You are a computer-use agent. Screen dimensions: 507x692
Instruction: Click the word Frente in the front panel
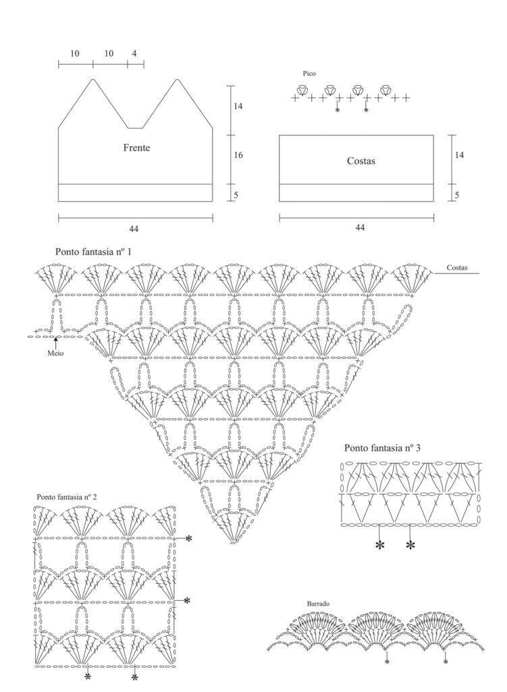click(x=136, y=147)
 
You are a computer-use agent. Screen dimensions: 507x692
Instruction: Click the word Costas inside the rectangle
click(x=361, y=161)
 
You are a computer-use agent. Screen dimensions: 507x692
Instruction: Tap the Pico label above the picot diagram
click(x=309, y=74)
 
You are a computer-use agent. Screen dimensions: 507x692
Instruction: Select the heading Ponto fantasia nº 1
click(x=93, y=251)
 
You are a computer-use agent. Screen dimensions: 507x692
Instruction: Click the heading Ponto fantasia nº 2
click(x=67, y=497)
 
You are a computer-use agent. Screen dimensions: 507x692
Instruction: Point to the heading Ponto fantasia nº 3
click(x=382, y=448)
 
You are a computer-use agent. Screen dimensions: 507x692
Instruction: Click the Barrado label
click(x=318, y=603)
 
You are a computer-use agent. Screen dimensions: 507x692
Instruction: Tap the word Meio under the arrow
click(x=55, y=353)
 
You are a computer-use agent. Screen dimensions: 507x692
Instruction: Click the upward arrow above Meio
click(x=55, y=342)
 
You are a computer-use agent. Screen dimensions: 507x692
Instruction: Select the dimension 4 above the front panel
click(x=134, y=53)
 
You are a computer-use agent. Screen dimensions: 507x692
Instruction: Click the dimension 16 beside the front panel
click(x=238, y=155)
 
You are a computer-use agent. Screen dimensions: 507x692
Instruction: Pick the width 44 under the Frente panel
click(x=134, y=228)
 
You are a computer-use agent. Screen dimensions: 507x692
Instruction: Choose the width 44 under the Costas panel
click(x=360, y=227)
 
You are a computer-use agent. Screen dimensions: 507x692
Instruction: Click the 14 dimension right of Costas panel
click(x=459, y=155)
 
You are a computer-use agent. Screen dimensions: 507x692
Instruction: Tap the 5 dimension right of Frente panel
click(x=236, y=195)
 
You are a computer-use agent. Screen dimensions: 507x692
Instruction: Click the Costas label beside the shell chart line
click(x=457, y=268)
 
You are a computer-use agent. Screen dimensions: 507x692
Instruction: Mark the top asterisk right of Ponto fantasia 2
click(x=189, y=539)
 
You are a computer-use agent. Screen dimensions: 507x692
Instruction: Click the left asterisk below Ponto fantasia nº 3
click(x=379, y=546)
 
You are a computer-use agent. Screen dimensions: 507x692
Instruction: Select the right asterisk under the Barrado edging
click(x=446, y=662)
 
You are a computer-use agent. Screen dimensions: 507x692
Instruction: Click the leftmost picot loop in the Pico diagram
click(x=302, y=90)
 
